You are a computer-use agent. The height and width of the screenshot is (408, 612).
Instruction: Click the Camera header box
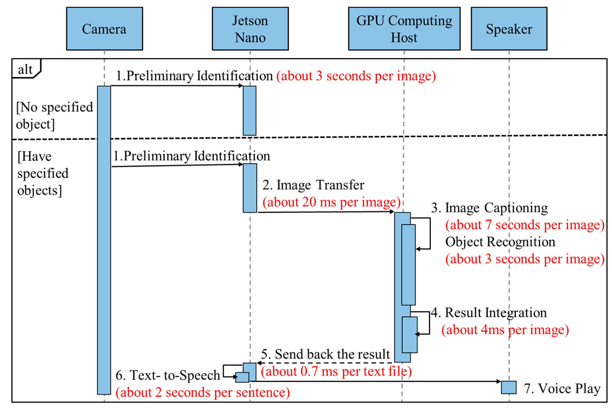point(104,29)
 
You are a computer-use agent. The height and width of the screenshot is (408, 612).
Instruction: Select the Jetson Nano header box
point(250,29)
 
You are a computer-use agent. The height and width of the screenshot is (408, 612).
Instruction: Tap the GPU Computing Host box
point(404,29)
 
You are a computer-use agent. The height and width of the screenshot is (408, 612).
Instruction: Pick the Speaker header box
point(509,29)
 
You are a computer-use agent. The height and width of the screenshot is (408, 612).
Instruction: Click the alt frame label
point(25,69)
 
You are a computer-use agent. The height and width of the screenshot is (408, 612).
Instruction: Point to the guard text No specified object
point(54,115)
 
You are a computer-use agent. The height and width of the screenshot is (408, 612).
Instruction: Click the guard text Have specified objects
point(43,173)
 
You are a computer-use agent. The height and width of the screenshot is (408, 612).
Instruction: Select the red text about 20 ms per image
point(331,202)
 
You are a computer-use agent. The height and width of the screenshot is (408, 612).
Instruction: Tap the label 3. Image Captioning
point(489,208)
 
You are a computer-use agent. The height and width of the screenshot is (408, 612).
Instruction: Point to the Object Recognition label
point(500,242)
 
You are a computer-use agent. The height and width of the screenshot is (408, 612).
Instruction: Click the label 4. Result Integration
point(489,313)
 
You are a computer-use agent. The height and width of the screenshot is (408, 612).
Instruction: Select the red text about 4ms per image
point(505,330)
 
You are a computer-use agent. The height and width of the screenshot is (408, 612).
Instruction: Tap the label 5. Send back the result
point(325,354)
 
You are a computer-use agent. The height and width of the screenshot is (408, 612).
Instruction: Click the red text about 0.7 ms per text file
point(336,371)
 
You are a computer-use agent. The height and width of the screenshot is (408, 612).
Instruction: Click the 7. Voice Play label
point(562,389)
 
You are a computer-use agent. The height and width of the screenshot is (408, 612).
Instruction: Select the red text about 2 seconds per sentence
point(202,392)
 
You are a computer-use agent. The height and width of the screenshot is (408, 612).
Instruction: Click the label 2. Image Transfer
point(313,185)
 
